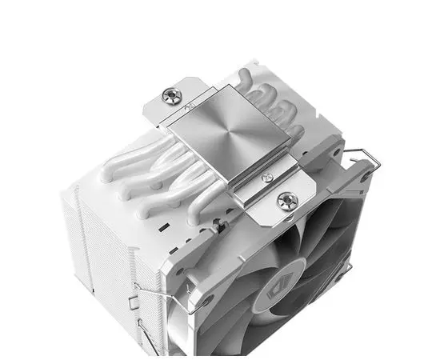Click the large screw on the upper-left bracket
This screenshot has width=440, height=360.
point(170,96)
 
